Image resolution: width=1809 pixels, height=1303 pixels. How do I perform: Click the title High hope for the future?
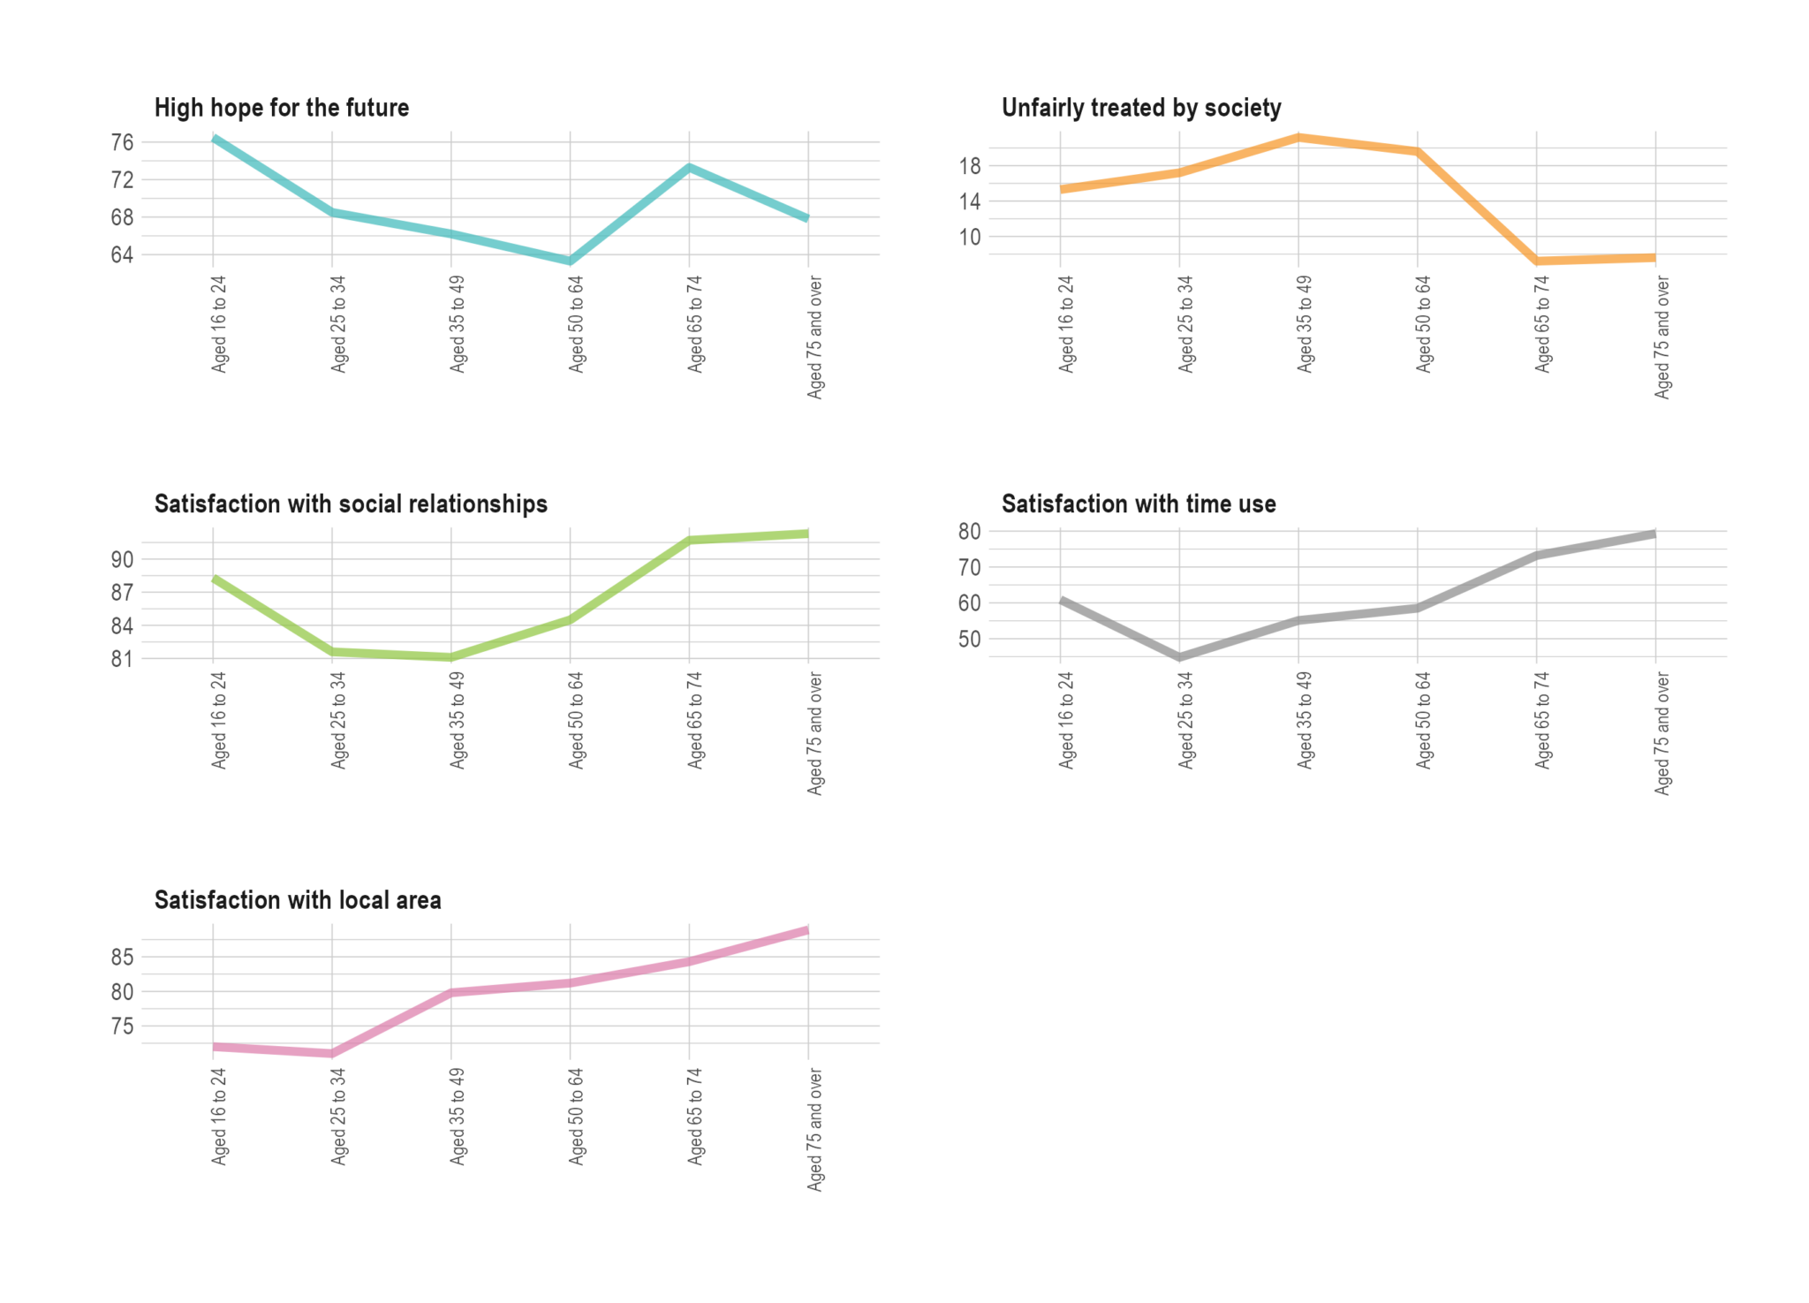click(x=281, y=108)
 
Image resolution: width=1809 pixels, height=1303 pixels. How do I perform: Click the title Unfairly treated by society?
click(x=1140, y=108)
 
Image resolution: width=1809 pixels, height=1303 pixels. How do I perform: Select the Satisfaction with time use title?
click(x=1138, y=504)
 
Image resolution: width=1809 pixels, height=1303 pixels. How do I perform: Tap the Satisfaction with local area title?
click(x=298, y=900)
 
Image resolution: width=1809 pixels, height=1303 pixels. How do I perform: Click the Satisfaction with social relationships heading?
click(x=351, y=504)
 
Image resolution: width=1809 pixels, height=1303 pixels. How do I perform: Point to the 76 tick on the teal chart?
click(x=122, y=142)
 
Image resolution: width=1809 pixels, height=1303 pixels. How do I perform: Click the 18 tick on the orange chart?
click(x=969, y=166)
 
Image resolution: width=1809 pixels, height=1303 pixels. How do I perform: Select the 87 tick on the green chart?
click(x=122, y=593)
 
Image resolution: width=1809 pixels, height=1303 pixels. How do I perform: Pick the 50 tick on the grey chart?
click(x=969, y=639)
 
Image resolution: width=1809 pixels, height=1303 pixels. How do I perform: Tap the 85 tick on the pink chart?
click(x=122, y=957)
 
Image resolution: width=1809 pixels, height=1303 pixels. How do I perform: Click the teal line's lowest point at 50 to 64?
click(x=571, y=261)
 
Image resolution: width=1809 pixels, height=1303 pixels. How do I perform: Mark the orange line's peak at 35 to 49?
click(x=1298, y=137)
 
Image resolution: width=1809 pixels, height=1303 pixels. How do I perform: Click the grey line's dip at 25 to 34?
click(x=1180, y=657)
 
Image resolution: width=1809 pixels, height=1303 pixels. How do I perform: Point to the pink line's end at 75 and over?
click(x=807, y=930)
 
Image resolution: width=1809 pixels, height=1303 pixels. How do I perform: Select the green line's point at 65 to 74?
click(x=689, y=540)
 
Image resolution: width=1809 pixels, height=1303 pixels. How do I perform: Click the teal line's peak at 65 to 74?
click(x=689, y=167)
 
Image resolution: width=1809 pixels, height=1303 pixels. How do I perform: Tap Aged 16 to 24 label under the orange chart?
click(x=1066, y=323)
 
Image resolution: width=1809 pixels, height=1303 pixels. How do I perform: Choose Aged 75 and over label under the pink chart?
click(x=814, y=1129)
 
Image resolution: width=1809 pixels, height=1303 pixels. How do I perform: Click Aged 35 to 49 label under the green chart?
click(x=457, y=720)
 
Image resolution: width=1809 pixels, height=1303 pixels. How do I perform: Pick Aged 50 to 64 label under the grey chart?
click(x=1423, y=720)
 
